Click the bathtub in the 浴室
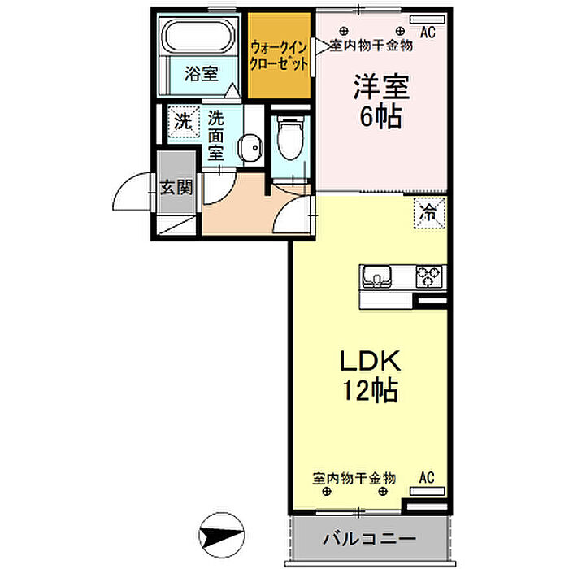click(198, 37)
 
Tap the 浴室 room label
click(201, 74)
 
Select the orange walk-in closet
click(279, 55)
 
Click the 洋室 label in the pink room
click(381, 86)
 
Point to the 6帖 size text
click(380, 116)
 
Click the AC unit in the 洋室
click(428, 20)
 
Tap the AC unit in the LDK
click(427, 491)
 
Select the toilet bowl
click(290, 138)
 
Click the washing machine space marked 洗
click(183, 122)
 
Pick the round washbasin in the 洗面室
click(250, 147)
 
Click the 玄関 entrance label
click(176, 188)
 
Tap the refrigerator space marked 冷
click(429, 213)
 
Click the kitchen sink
click(377, 275)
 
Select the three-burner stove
click(429, 277)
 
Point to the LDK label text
click(370, 361)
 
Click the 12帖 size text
click(370, 390)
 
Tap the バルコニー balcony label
click(369, 538)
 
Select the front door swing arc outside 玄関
click(124, 186)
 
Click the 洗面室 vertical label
click(215, 136)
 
